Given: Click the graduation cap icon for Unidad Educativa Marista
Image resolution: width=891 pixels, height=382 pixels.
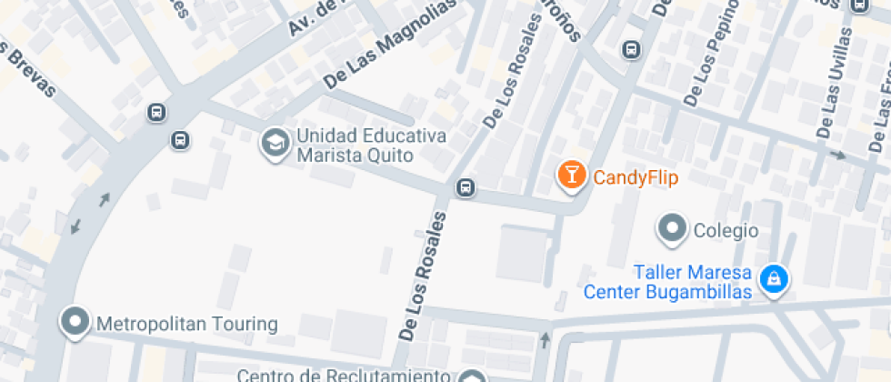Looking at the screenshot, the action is [x=273, y=142].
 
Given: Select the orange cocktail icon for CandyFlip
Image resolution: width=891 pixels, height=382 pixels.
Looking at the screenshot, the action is [x=571, y=176].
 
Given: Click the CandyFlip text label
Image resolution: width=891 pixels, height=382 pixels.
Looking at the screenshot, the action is [x=636, y=176].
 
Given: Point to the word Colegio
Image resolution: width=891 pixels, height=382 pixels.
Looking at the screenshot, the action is [x=726, y=230].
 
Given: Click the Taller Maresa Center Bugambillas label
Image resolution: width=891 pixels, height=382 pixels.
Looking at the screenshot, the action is [x=667, y=283].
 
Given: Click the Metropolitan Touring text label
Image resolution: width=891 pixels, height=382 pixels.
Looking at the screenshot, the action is [x=186, y=324].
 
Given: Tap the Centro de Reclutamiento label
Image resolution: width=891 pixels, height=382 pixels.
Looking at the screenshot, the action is [x=345, y=375].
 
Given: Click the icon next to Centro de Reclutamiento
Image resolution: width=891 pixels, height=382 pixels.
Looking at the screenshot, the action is [x=472, y=377].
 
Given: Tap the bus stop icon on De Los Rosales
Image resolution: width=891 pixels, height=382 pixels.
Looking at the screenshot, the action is [x=466, y=187].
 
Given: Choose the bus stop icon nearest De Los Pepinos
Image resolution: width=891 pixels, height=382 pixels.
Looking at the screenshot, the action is [x=630, y=49].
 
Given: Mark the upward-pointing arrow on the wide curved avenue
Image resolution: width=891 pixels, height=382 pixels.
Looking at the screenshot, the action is [x=105, y=199].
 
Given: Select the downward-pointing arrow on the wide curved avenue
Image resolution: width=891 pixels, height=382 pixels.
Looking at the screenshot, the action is [x=75, y=225].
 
